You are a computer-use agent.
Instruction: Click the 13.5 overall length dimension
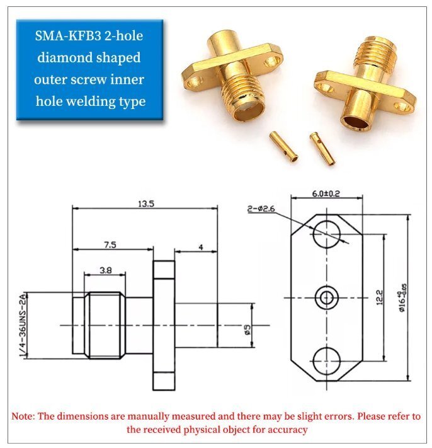[x=146, y=204]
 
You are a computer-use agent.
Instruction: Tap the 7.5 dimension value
[x=110, y=245]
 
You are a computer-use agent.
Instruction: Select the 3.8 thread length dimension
[x=106, y=270]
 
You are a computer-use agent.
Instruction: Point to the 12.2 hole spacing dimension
[x=380, y=297]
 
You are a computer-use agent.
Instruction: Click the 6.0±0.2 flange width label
[x=326, y=193]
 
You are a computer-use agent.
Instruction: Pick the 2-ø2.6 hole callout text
[x=261, y=209]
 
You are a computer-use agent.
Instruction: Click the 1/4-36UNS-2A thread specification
[x=23, y=325]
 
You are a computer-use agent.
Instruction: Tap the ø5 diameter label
[x=247, y=330]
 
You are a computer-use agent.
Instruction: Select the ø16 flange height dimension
[x=402, y=297]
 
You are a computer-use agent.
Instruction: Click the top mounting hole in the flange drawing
[x=326, y=234]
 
